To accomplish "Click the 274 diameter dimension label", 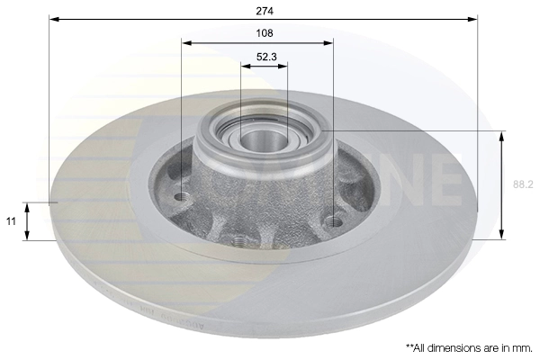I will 264,11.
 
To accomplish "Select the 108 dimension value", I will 264,33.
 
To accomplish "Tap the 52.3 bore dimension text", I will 265,56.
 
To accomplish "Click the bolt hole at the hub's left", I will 183,196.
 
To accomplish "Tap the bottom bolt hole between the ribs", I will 238,240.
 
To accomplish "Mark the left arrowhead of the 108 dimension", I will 185,41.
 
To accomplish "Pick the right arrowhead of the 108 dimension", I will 329,41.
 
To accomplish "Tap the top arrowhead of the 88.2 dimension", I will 501,134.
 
